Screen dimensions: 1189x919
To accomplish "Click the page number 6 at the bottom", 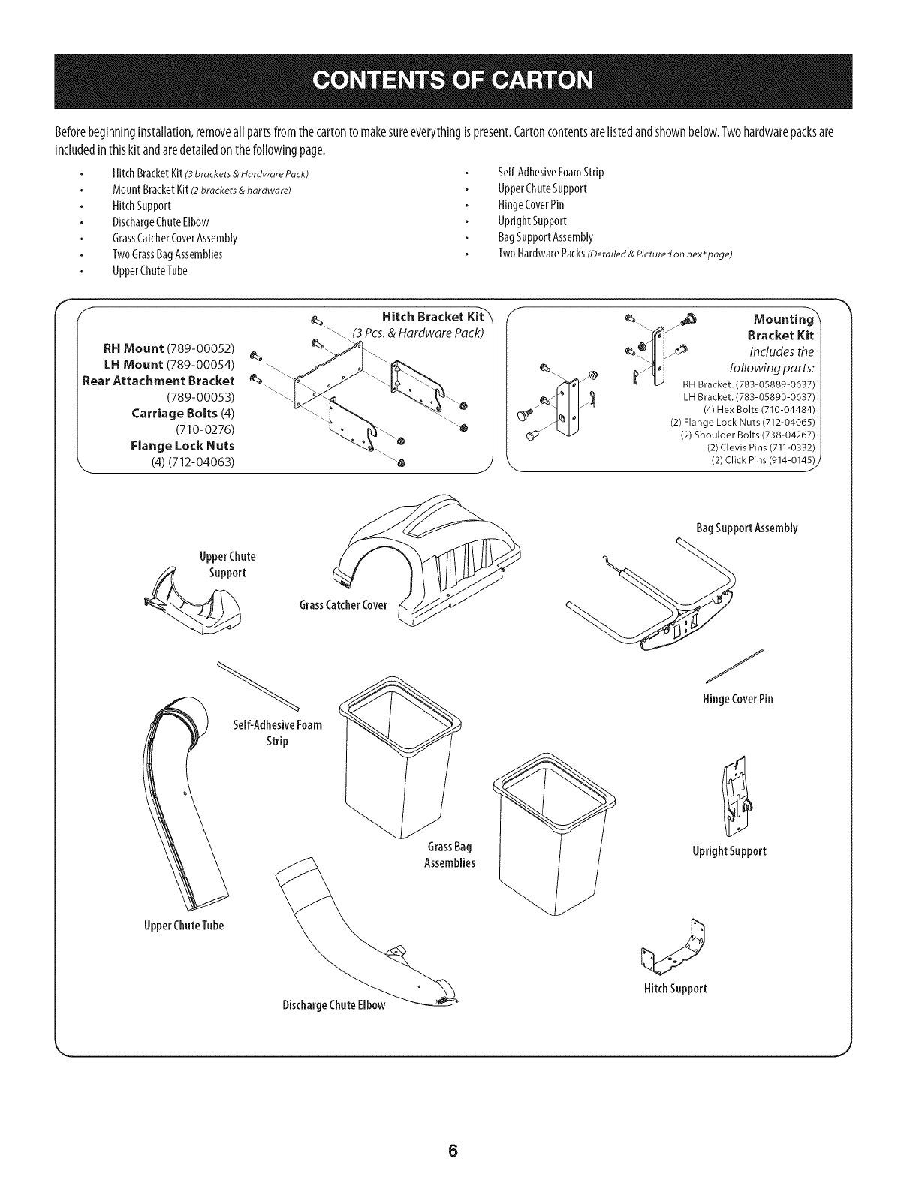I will pyautogui.click(x=453, y=1151).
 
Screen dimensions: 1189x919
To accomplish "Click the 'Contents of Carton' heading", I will pyautogui.click(x=459, y=81).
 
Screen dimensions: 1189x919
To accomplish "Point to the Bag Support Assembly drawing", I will pyautogui.click(x=661, y=593).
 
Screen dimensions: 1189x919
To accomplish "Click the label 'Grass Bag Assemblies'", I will pyautogui.click(x=450, y=855).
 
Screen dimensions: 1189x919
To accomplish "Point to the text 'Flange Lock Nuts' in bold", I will pyautogui.click(x=182, y=446).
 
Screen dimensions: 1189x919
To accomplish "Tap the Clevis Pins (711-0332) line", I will pyautogui.click(x=762, y=447).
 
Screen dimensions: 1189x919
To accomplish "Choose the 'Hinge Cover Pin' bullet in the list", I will pyautogui.click(x=531, y=205).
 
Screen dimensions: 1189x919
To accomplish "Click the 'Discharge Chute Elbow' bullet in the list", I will pyautogui.click(x=161, y=221).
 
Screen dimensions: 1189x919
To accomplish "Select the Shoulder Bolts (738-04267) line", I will pyautogui.click(x=748, y=435).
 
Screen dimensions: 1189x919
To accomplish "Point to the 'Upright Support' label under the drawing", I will pyautogui.click(x=730, y=851).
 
